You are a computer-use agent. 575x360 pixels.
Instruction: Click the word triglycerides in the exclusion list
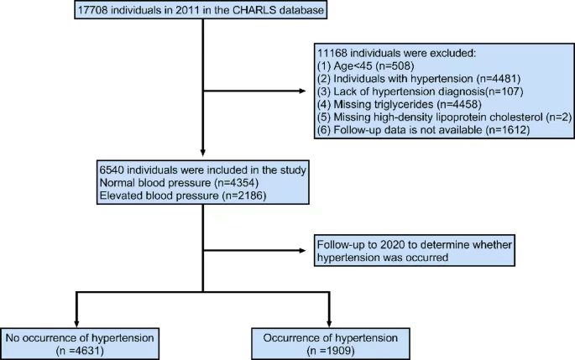(x=401, y=105)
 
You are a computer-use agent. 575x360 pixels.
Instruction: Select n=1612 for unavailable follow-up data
(x=510, y=130)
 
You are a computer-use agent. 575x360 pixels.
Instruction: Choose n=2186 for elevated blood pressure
(x=246, y=196)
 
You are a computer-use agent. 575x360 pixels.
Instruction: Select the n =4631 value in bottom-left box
(x=80, y=351)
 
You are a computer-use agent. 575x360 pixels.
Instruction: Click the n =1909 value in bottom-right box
(x=331, y=351)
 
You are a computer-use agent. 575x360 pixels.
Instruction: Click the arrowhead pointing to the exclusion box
(x=302, y=91)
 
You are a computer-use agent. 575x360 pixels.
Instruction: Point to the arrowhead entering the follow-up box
(x=302, y=251)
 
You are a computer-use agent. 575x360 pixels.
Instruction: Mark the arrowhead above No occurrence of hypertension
(x=76, y=324)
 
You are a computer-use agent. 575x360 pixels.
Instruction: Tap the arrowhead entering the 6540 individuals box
(x=203, y=153)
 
